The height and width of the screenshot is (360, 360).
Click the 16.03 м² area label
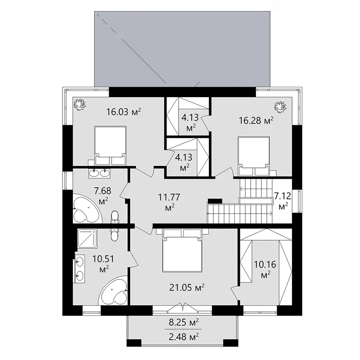[x=123, y=112]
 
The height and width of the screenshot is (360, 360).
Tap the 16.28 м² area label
[x=256, y=120]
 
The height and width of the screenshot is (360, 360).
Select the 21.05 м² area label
[x=187, y=288]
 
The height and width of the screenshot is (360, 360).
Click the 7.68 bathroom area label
[x=103, y=195]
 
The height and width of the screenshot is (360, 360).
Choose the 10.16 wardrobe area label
[x=265, y=269]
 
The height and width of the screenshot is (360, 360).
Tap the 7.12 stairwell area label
[x=283, y=200]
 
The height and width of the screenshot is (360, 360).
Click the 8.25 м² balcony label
[x=184, y=323]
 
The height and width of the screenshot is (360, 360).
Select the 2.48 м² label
[x=184, y=337]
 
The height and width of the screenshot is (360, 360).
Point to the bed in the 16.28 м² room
[x=254, y=156]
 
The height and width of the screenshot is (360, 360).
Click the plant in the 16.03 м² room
[x=80, y=104]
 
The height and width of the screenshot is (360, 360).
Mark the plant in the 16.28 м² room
[x=280, y=107]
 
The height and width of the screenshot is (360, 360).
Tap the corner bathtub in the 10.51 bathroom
[x=113, y=290]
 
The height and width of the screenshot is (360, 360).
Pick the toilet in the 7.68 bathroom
[x=115, y=217]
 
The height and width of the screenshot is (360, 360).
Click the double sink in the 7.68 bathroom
[x=99, y=173]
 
